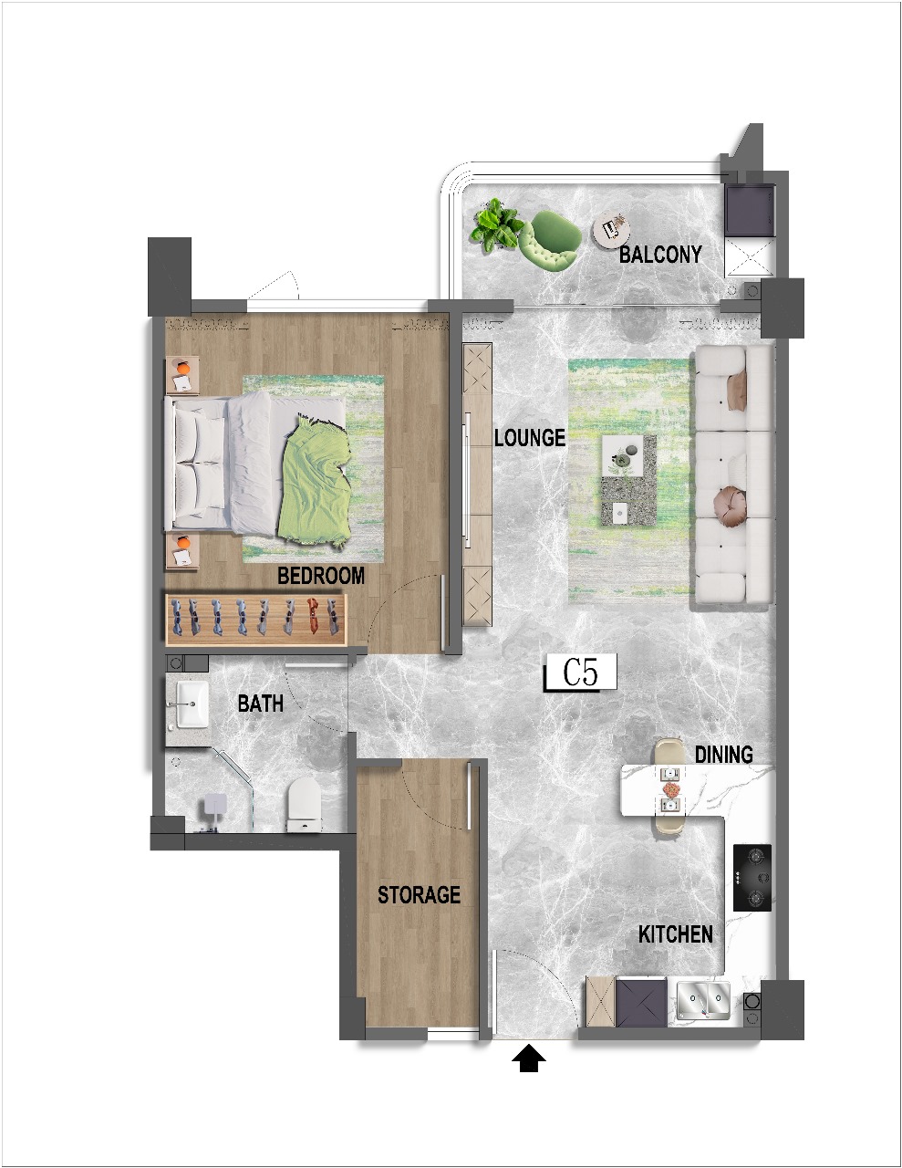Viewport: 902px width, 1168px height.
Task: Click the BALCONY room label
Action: (x=660, y=255)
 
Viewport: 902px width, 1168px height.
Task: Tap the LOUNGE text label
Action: (x=530, y=437)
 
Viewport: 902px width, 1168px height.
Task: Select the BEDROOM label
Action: (x=321, y=576)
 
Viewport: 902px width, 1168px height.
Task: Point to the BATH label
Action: (x=261, y=703)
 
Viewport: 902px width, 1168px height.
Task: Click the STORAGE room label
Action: (x=419, y=894)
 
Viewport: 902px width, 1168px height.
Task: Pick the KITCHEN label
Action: (x=675, y=934)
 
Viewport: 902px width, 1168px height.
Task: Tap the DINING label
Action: (x=723, y=754)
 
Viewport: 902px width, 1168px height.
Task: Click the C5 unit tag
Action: (x=580, y=672)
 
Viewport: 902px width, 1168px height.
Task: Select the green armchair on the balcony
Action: (x=550, y=240)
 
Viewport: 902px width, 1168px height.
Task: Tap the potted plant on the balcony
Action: (x=495, y=225)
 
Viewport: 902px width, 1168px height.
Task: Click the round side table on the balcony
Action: (x=611, y=229)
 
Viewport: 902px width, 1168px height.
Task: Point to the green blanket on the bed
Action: (x=316, y=482)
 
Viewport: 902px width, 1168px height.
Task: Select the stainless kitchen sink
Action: (x=703, y=1001)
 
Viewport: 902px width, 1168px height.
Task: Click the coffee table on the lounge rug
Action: (x=629, y=481)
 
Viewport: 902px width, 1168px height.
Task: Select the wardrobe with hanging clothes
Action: (x=255, y=620)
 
